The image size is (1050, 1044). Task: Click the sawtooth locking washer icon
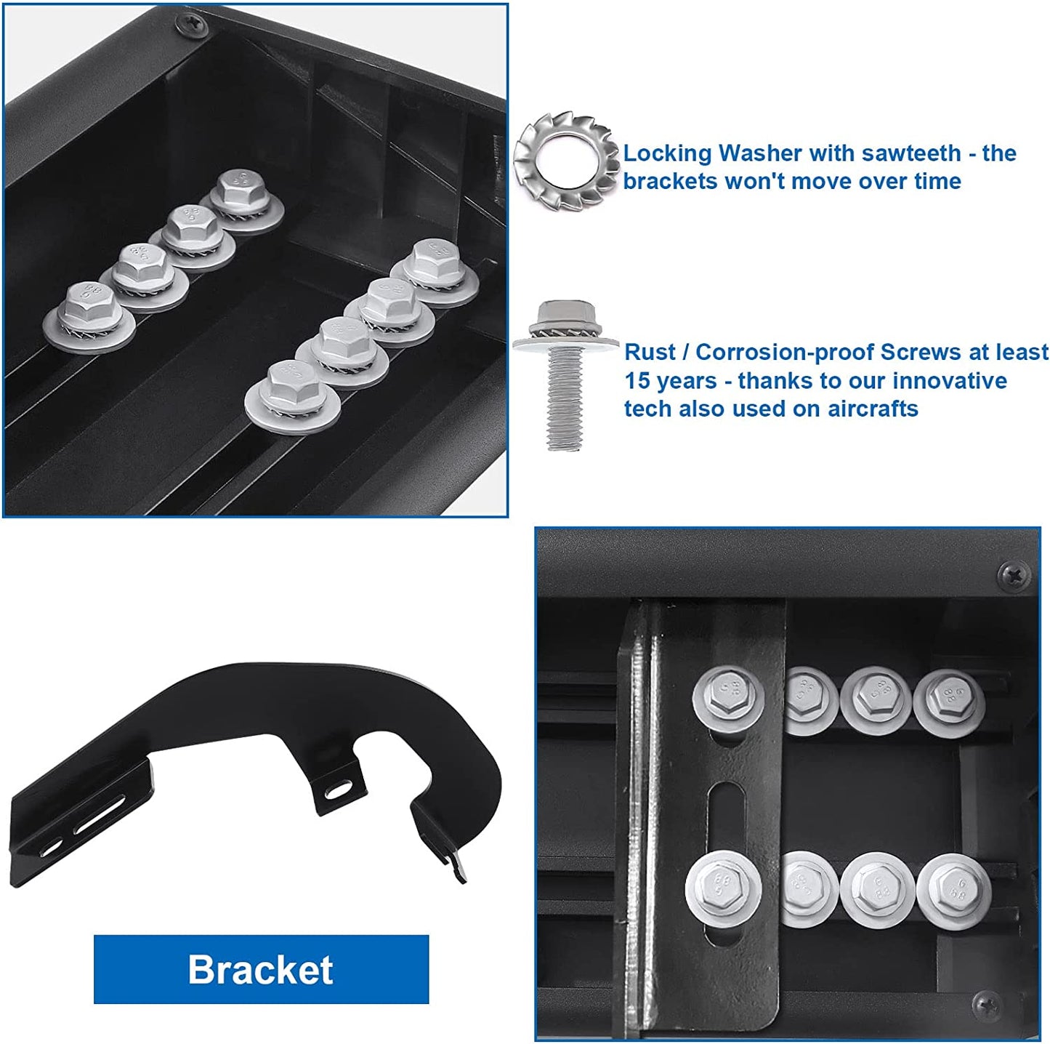click(566, 162)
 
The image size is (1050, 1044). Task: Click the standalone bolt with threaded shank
click(565, 377)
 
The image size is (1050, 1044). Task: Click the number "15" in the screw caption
click(637, 380)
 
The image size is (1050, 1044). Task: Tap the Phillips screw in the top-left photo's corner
click(190, 24)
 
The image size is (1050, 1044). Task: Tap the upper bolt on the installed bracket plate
click(728, 698)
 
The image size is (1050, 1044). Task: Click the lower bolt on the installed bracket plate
click(723, 886)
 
